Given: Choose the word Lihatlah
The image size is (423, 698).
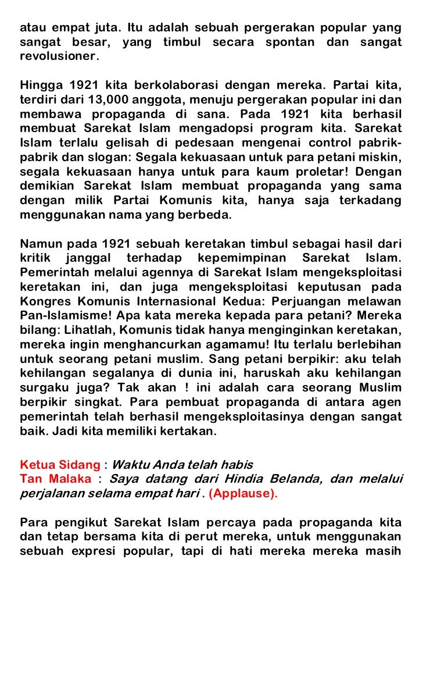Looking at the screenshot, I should click(x=83, y=330).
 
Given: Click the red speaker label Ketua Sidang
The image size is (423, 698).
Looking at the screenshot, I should click(x=60, y=465).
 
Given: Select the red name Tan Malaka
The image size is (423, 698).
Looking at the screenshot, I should click(x=55, y=479).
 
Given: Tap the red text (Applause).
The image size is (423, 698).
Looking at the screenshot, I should click(x=243, y=494).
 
